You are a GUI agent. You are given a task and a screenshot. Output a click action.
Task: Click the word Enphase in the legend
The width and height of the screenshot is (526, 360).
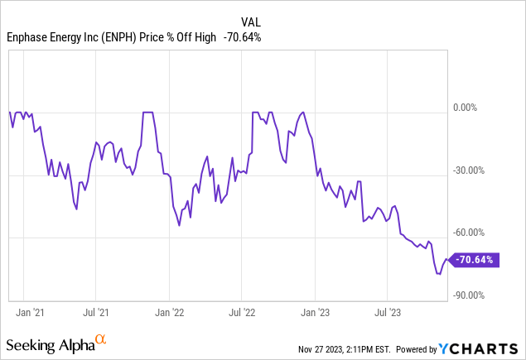pyautogui.click(x=30, y=36)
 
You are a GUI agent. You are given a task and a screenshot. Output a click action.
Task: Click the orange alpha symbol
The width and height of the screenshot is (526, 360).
pyautogui.click(x=100, y=339)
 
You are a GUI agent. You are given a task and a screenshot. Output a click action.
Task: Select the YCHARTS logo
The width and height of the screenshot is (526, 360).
pyautogui.click(x=490, y=348)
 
